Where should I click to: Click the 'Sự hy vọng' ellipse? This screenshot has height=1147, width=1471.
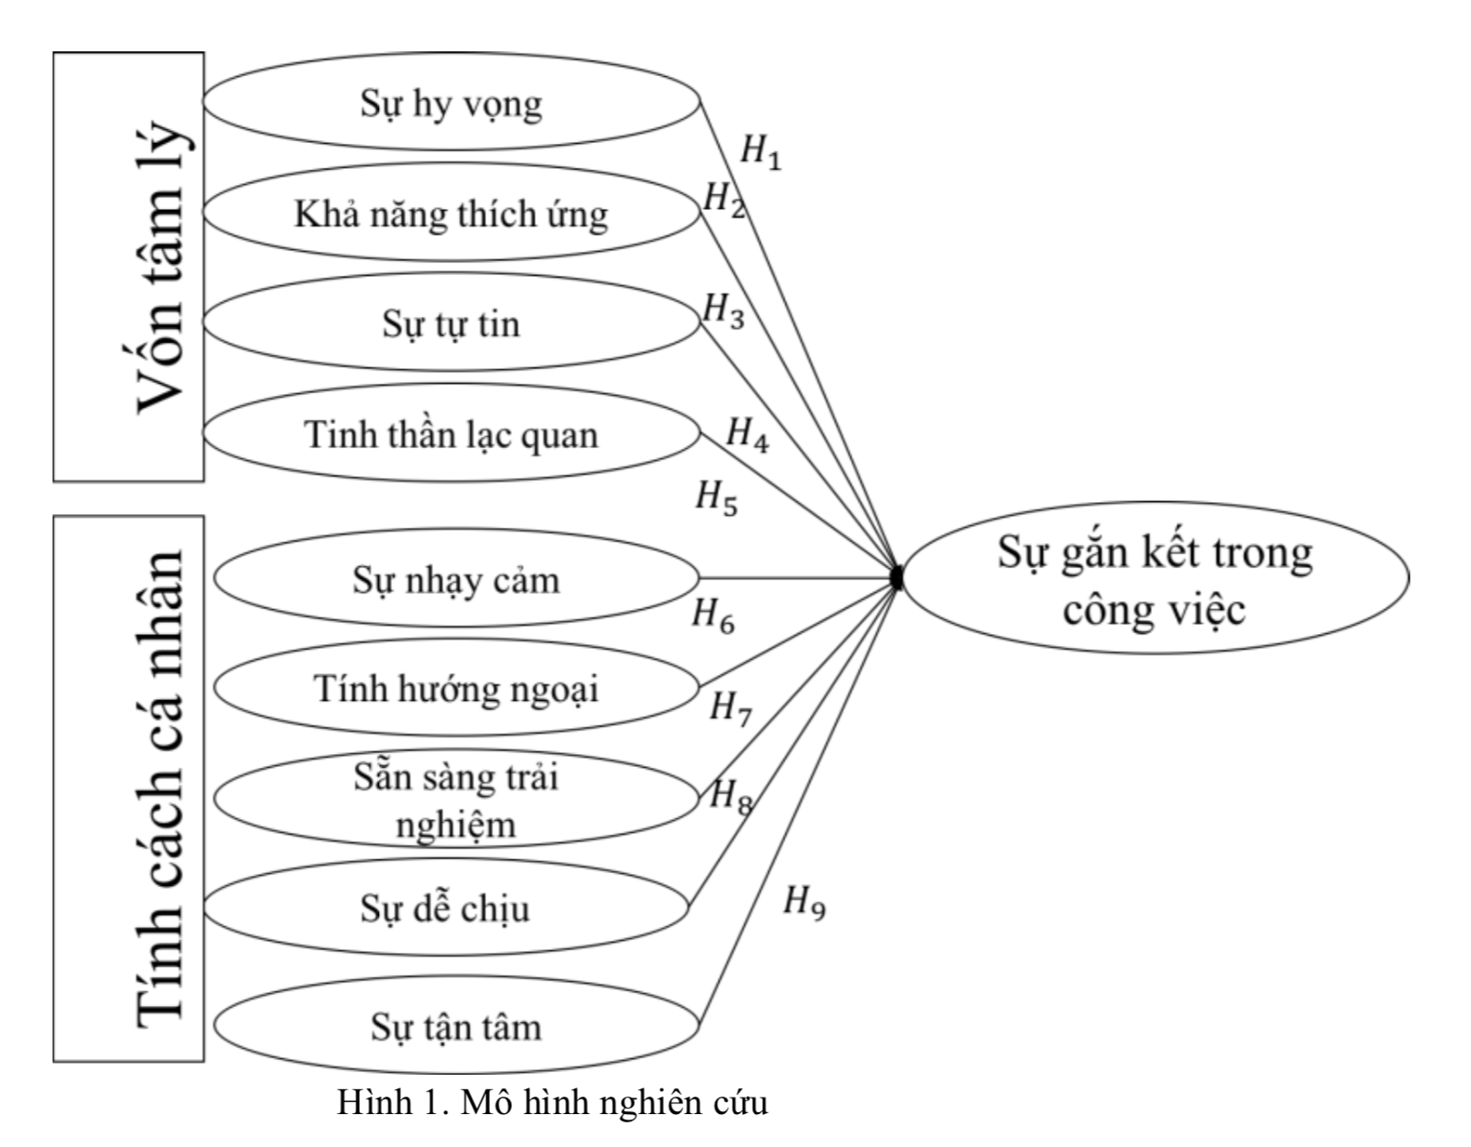click(x=451, y=103)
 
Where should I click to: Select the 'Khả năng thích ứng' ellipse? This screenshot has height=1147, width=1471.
click(x=451, y=213)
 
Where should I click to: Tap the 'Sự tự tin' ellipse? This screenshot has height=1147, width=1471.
click(x=451, y=323)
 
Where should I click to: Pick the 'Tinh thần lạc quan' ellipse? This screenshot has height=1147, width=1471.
click(x=451, y=433)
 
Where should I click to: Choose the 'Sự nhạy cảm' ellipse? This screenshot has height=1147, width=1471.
click(x=456, y=579)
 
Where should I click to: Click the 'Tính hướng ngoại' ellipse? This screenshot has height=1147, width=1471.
click(x=456, y=688)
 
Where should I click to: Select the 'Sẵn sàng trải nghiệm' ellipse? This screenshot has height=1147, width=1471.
click(x=456, y=799)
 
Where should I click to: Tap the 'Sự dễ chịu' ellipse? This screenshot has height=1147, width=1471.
click(x=445, y=908)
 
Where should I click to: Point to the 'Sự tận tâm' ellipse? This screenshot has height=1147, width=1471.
click(x=456, y=1026)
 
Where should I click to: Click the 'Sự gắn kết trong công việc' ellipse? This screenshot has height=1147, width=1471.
click(x=1154, y=579)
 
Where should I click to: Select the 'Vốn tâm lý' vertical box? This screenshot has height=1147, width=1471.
click(x=129, y=266)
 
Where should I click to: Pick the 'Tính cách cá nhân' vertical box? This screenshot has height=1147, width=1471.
click(x=129, y=788)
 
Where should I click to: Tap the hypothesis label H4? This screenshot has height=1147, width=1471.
click(x=747, y=433)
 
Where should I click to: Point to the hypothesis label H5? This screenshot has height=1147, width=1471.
click(x=716, y=499)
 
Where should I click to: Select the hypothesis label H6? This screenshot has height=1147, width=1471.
click(x=713, y=615)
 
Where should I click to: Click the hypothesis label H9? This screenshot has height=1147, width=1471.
click(x=804, y=904)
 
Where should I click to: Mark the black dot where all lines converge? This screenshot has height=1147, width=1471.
click(x=897, y=578)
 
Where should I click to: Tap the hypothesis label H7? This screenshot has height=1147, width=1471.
click(x=731, y=708)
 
